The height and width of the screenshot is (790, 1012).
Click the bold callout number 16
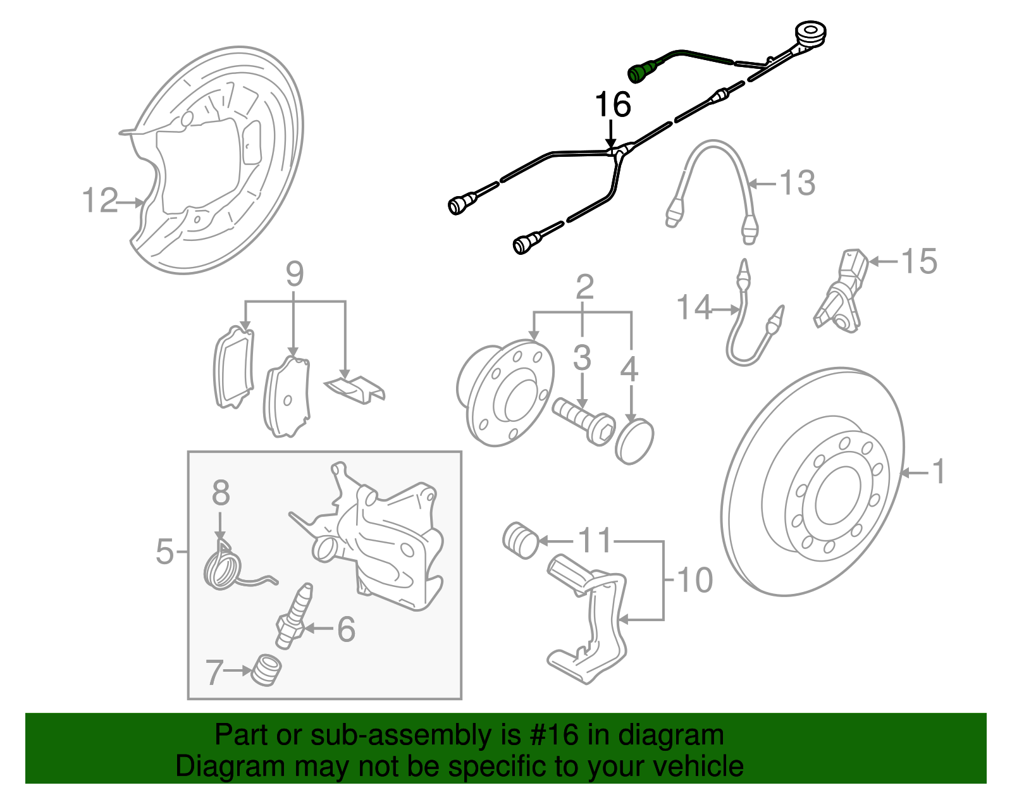click(612, 104)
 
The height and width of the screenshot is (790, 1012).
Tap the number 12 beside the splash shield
click(100, 201)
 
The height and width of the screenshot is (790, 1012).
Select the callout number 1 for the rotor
click(939, 472)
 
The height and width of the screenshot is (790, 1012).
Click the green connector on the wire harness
click(640, 71)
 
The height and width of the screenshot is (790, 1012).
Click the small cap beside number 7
click(266, 670)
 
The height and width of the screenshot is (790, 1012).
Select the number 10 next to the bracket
click(694, 580)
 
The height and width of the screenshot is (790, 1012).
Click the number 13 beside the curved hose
click(797, 183)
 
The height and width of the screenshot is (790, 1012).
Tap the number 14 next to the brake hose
click(694, 308)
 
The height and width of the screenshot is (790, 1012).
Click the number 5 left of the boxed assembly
click(164, 552)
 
